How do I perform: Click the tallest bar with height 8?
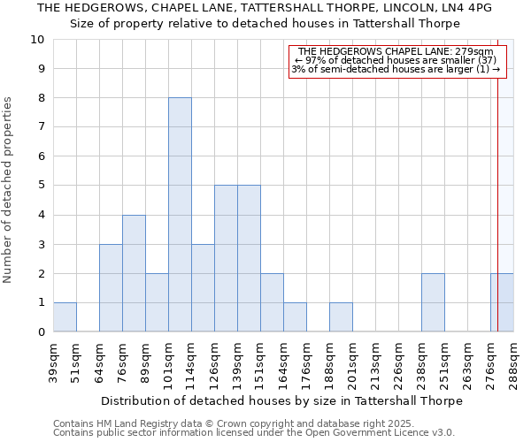click(x=180, y=215)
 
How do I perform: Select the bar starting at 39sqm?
click(x=65, y=317)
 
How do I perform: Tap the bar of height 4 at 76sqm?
click(x=134, y=273)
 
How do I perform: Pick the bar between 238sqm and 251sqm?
click(x=433, y=302)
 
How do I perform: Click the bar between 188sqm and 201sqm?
click(x=341, y=317)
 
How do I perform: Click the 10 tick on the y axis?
click(x=38, y=40)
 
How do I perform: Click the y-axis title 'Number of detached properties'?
click(x=9, y=191)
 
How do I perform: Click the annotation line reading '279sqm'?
click(x=396, y=51)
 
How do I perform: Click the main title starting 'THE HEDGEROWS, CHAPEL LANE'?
click(x=265, y=8)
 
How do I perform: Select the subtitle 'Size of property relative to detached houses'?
click(x=265, y=23)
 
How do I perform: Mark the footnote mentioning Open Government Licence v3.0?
click(x=254, y=433)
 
